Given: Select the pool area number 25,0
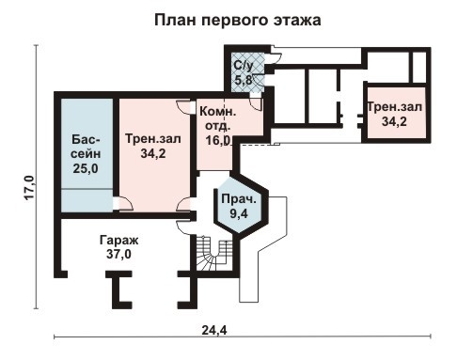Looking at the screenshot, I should [x=86, y=168].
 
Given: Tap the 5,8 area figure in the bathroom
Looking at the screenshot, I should [x=244, y=81].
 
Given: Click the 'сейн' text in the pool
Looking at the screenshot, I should [x=86, y=154].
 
